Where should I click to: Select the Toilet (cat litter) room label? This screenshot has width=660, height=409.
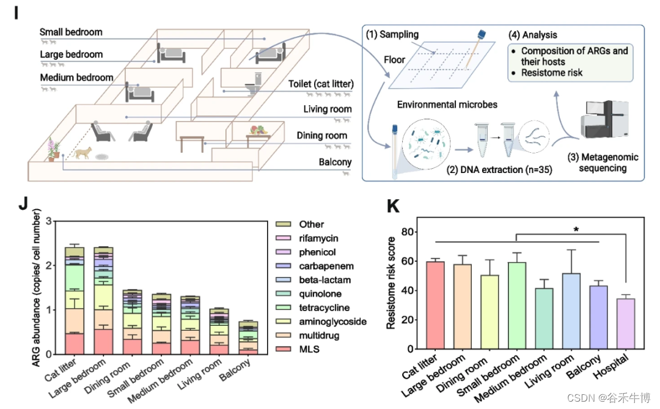point(320,84)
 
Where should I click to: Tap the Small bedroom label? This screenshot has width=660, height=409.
point(71,32)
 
